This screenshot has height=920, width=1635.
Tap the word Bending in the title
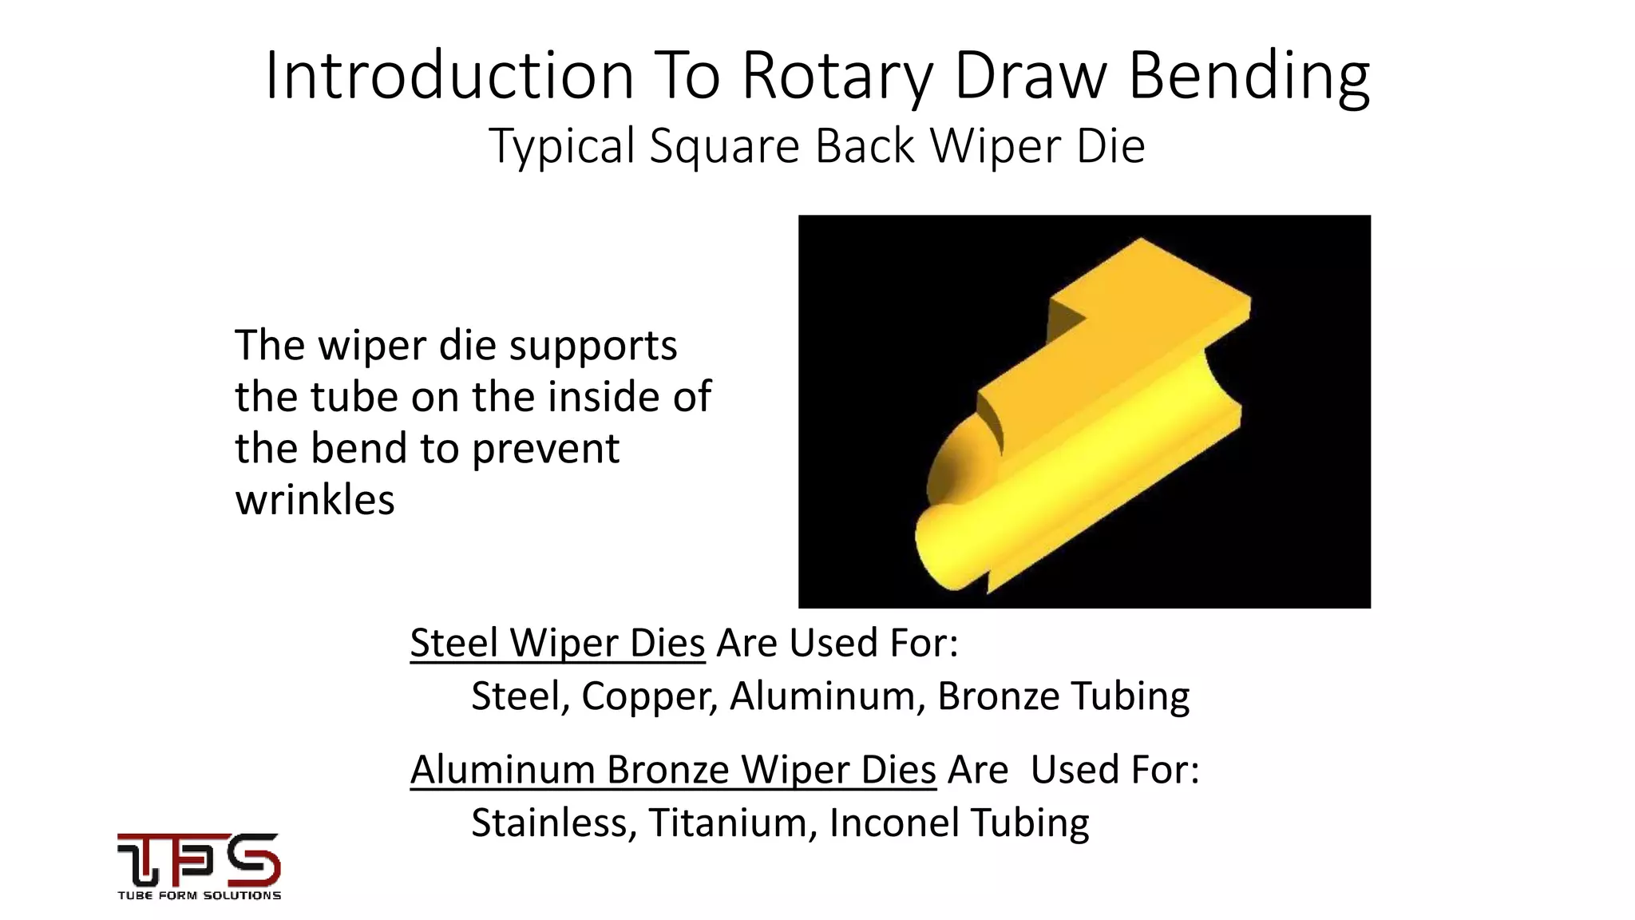point(1249,76)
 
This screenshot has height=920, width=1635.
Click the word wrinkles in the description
point(315,500)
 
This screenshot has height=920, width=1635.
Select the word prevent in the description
point(545,448)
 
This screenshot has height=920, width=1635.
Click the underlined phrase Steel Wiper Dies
point(557,643)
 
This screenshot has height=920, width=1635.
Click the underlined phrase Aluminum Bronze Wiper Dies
point(672,770)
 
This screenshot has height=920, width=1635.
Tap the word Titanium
point(732,823)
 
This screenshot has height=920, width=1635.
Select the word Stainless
point(553,823)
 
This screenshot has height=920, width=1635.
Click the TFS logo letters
point(199,859)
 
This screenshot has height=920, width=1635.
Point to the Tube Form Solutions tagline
point(199,895)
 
